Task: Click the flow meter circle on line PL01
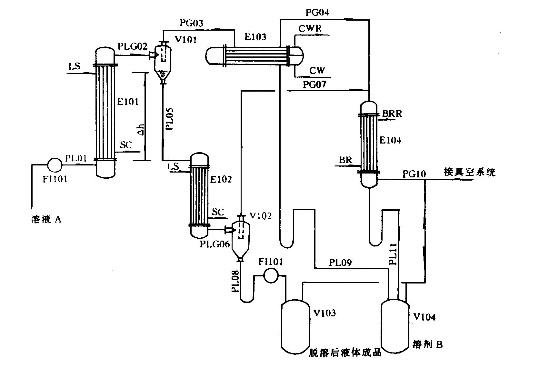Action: click(54, 164)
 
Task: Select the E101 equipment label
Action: click(128, 102)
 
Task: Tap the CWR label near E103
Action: click(310, 28)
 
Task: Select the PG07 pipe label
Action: click(314, 85)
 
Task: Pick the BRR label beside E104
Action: click(392, 114)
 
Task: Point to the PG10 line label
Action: click(414, 174)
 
